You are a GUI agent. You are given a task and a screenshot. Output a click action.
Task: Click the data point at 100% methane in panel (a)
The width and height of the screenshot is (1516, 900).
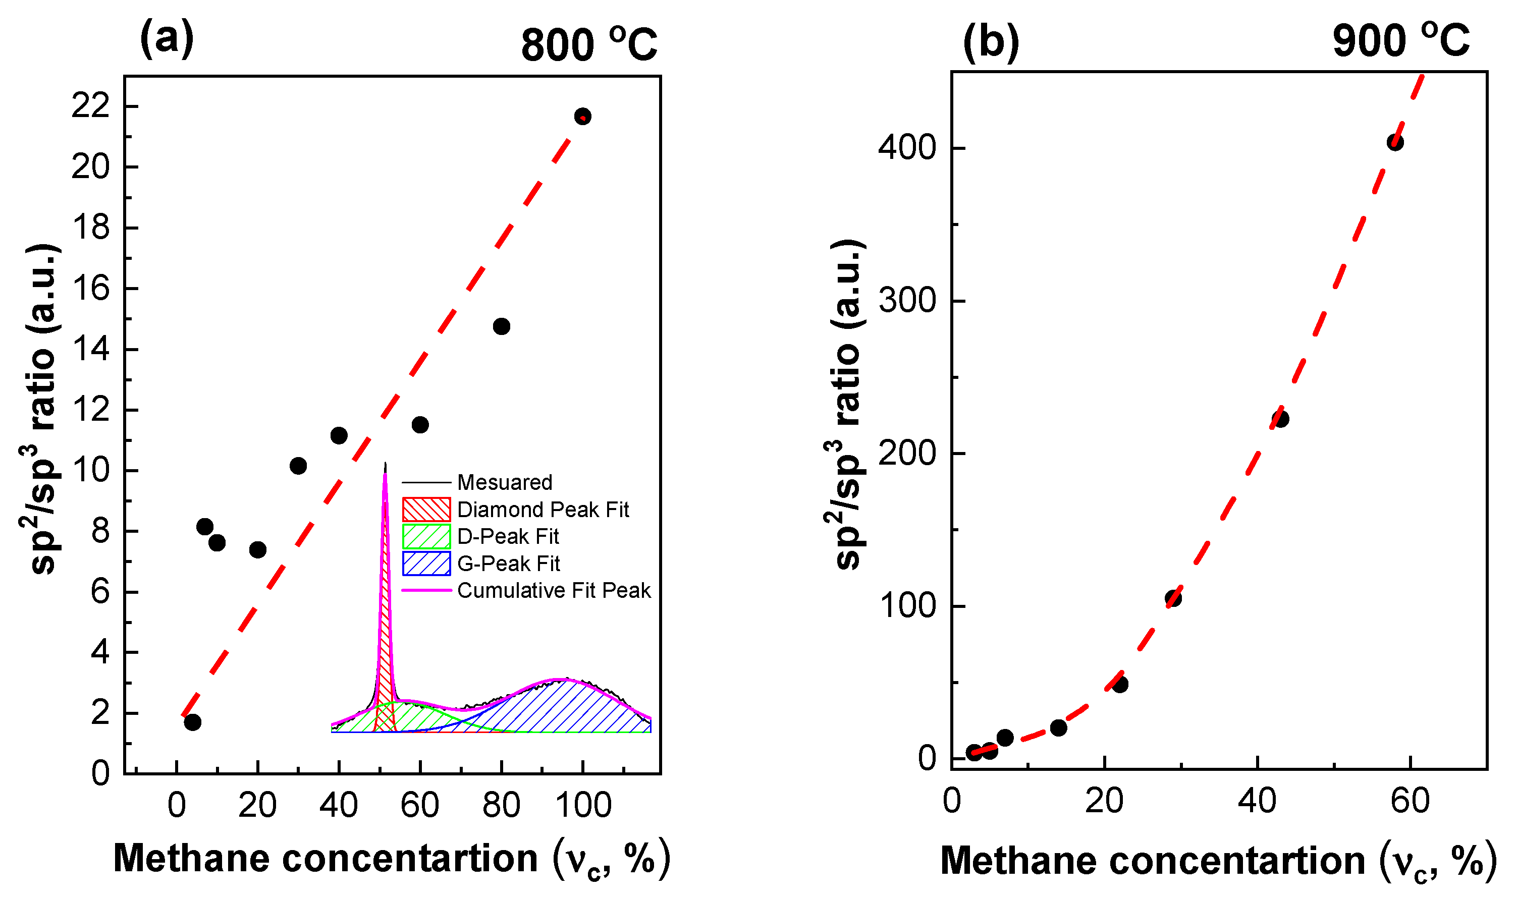[x=582, y=116]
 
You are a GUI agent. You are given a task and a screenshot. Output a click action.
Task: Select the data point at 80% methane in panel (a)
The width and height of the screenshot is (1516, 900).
[x=501, y=326]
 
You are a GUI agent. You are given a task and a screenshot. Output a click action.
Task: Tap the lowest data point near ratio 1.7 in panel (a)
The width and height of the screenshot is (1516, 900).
[x=192, y=722]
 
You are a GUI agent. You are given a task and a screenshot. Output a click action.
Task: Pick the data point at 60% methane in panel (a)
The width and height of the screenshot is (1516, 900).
[x=420, y=425]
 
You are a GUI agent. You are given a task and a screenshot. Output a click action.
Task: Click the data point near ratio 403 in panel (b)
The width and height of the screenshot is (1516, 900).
[x=1395, y=143]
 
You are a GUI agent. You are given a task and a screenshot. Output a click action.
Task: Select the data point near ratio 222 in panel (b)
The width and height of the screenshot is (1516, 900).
[x=1280, y=418]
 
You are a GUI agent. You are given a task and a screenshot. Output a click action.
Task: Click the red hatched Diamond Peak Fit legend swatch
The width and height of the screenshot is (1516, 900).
[x=426, y=510]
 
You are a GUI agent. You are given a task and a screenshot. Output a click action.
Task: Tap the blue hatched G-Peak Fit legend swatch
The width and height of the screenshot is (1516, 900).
[x=426, y=564]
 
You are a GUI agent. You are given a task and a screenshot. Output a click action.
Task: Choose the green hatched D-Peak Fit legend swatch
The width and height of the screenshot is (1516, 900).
[x=426, y=536]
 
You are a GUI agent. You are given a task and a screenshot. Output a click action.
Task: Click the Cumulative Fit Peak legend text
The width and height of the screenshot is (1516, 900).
[x=553, y=590]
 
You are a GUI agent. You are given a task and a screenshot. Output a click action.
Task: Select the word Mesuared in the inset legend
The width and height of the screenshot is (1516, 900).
[x=504, y=482]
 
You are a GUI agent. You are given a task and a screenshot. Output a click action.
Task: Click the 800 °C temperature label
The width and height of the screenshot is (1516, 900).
[x=588, y=44]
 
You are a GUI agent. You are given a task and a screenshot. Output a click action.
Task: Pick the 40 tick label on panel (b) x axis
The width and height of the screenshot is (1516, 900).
[x=1257, y=801]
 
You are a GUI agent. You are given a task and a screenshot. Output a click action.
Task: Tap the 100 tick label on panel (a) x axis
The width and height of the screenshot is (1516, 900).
[x=583, y=805]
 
